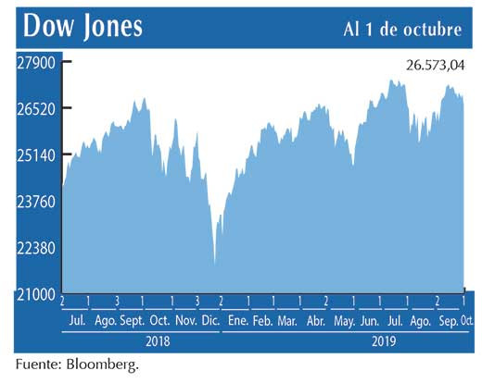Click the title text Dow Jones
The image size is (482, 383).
pos(83,25)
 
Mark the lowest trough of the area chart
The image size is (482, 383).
pos(215,264)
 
